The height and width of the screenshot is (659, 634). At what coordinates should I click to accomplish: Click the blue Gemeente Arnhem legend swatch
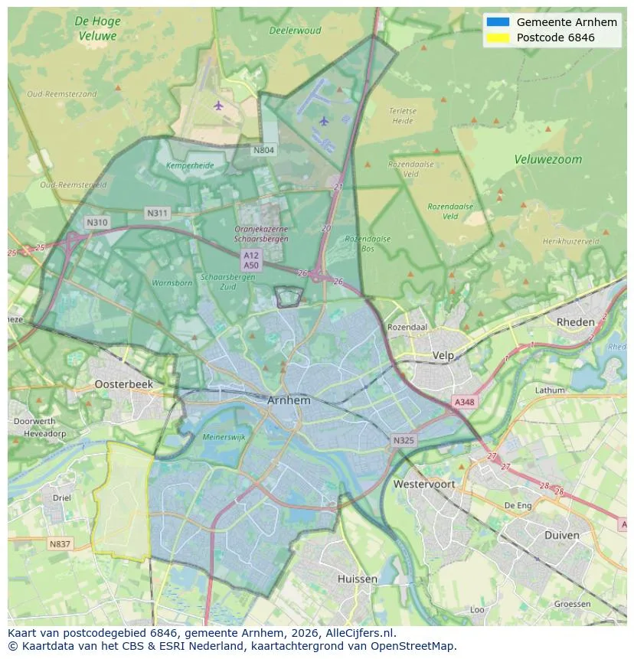coord(498,22)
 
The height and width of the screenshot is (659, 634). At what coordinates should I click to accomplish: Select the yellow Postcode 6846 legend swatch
coord(498,38)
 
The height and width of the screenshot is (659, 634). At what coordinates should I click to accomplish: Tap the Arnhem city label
coord(289,400)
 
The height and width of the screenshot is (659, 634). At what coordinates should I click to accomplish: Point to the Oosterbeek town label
coord(124,384)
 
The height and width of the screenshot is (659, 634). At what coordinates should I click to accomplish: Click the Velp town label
coord(443,355)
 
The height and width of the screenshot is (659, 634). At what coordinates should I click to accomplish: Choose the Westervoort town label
coord(423,484)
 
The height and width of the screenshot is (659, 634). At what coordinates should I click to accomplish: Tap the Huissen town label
coord(357,579)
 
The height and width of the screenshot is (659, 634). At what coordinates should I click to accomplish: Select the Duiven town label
coord(561,535)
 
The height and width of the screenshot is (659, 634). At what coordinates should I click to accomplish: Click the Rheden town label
coord(575,322)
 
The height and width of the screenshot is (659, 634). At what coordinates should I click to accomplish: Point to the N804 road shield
coord(263,150)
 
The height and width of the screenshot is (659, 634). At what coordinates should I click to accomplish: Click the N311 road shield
coord(158,213)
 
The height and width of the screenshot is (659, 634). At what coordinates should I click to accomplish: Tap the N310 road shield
coord(97,223)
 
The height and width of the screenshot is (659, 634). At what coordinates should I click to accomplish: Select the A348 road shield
coord(464,402)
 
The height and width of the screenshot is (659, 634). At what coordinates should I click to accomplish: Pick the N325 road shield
coord(404,441)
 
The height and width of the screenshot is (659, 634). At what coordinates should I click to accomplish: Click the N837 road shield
coord(60,544)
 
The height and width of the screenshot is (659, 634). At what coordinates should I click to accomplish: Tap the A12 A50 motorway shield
coord(250,259)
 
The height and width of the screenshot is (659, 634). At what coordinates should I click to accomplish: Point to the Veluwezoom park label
coord(547,160)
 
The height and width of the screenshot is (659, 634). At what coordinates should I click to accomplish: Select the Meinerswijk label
coord(224,437)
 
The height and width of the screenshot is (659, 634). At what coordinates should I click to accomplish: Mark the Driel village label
coord(62,498)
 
